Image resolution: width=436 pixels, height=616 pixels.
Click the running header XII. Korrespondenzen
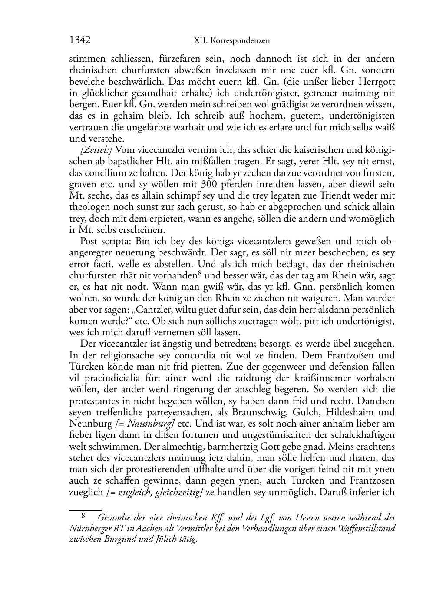pos(231,41)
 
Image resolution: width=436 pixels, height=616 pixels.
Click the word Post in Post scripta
pos(89,241)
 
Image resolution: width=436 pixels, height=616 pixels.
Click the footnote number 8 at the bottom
pos(83,517)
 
